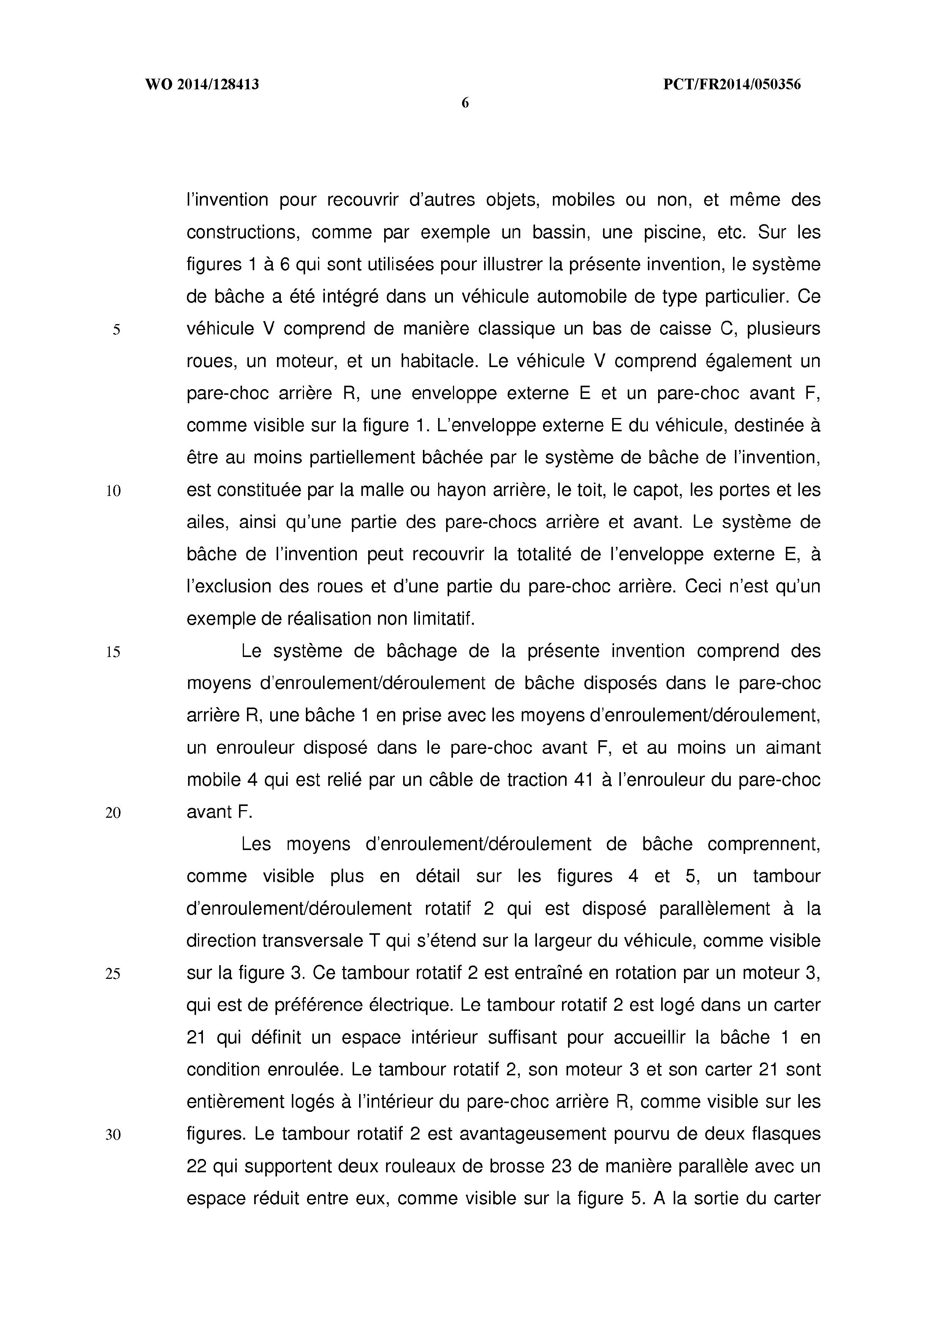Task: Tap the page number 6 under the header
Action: tap(465, 104)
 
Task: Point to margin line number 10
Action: tap(113, 491)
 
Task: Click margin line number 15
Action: tap(113, 652)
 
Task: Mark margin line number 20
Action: tap(113, 813)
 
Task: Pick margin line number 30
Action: tap(113, 1134)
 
